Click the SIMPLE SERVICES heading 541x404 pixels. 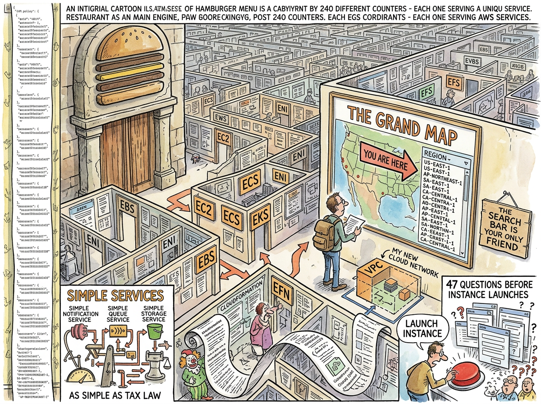click(x=115, y=296)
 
